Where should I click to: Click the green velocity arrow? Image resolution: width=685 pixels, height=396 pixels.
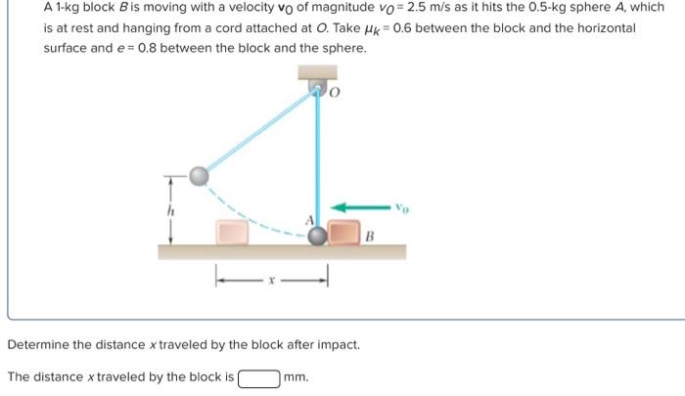(362, 207)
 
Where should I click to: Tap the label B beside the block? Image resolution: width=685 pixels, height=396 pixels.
(371, 236)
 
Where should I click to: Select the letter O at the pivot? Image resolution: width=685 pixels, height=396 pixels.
(334, 94)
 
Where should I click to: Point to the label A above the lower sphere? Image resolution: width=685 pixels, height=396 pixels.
(312, 220)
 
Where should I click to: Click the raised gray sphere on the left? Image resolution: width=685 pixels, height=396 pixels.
(199, 176)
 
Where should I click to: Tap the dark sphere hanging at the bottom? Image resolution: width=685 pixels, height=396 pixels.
(318, 236)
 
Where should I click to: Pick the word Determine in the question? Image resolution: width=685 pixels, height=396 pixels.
(39, 345)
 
